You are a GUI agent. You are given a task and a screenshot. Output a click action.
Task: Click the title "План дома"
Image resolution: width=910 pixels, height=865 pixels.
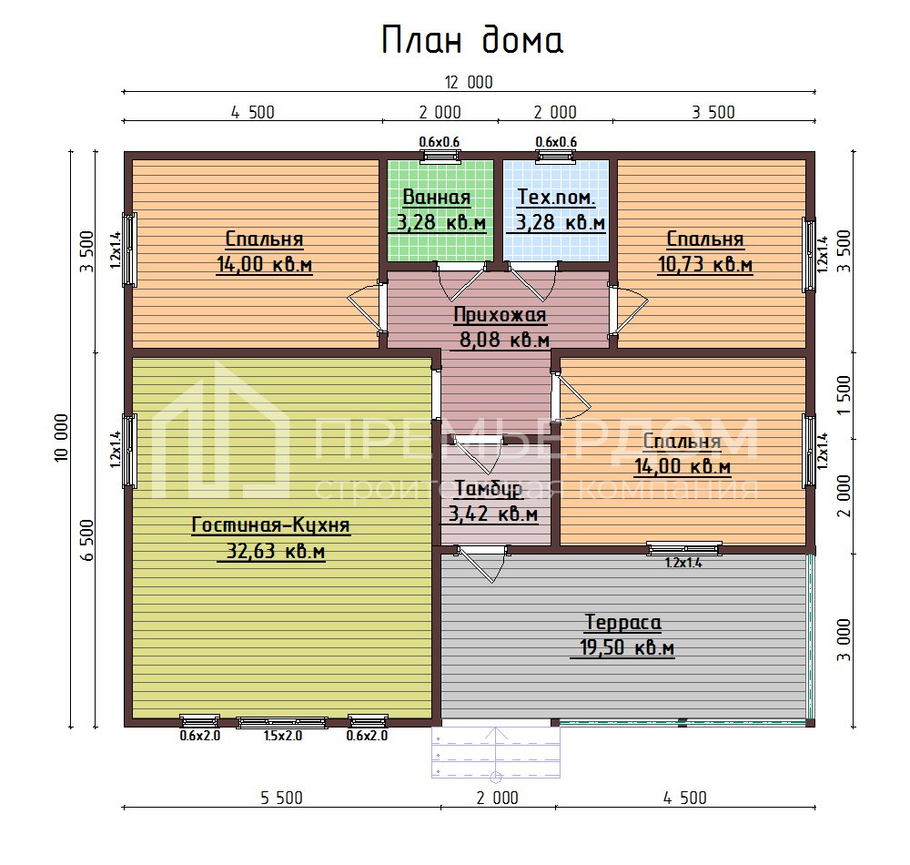click(x=472, y=41)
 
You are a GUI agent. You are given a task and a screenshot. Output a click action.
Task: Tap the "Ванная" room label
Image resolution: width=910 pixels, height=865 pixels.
click(x=437, y=198)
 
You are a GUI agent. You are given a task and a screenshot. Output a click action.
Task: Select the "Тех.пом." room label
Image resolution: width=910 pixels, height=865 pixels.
click(x=556, y=198)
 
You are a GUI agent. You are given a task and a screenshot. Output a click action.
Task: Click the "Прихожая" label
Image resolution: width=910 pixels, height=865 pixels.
click(x=500, y=316)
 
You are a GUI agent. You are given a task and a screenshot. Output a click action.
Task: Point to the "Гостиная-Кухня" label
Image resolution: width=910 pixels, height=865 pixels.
click(x=270, y=526)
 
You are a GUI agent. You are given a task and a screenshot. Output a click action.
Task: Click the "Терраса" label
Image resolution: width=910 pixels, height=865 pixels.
click(x=622, y=623)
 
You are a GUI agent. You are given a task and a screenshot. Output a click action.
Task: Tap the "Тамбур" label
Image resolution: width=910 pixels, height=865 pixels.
click(x=489, y=489)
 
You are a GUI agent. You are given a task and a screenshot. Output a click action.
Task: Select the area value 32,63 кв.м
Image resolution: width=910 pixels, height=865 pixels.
click(x=270, y=552)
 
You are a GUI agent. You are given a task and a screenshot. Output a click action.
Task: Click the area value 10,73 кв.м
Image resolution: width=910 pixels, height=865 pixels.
click(x=704, y=265)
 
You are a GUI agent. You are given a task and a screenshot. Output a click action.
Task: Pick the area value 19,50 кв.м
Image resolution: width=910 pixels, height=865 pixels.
click(x=626, y=648)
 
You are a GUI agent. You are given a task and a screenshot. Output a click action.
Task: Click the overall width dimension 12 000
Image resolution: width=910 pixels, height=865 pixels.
click(x=469, y=82)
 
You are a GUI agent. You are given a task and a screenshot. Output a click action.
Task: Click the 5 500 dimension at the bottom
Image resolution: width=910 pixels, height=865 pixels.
click(x=282, y=799)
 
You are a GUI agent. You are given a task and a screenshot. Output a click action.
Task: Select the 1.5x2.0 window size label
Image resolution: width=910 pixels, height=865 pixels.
click(x=282, y=736)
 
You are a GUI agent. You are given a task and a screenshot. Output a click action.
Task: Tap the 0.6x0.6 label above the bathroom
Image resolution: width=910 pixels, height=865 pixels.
click(x=439, y=141)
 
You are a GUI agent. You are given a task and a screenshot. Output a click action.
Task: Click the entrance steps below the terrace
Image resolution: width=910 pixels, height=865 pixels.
click(x=495, y=751)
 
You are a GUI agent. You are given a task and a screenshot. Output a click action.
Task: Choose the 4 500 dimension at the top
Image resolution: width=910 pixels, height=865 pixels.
click(x=252, y=113)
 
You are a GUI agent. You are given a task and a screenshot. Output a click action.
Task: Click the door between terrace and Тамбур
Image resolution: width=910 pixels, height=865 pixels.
click(x=480, y=563)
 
